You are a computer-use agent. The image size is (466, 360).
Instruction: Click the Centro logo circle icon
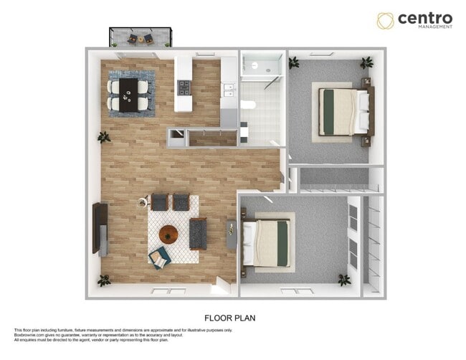click(386, 19)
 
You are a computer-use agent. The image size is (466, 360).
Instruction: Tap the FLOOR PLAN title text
click(230, 316)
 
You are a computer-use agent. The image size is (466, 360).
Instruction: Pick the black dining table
click(130, 94)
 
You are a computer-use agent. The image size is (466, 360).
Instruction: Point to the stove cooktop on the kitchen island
click(184, 88)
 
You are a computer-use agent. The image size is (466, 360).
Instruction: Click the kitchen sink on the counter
click(229, 90)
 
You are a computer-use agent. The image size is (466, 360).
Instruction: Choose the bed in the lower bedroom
click(267, 240)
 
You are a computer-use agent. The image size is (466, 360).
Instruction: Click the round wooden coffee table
click(169, 234)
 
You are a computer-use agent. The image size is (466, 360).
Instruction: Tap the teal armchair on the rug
click(159, 255)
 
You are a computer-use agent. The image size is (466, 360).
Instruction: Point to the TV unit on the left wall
click(100, 229)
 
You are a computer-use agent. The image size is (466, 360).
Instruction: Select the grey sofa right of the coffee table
click(198, 232)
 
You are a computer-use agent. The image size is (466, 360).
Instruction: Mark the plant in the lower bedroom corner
click(344, 279)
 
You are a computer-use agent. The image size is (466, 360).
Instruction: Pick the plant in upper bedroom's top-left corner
click(294, 63)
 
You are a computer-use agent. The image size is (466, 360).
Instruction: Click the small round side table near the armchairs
click(142, 203)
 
